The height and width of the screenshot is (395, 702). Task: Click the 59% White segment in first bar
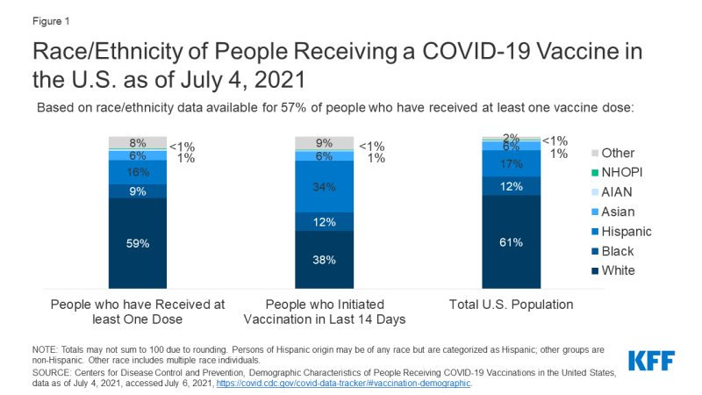pyautogui.click(x=137, y=242)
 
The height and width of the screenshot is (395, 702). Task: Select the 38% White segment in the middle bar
pyautogui.click(x=323, y=259)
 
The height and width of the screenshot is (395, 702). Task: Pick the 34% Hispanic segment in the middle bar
pyautogui.click(x=323, y=185)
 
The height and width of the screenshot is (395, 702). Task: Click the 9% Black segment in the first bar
pyautogui.click(x=137, y=190)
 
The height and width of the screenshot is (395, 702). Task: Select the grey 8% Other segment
pyautogui.click(x=137, y=142)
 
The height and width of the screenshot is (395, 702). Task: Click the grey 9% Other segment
pyautogui.click(x=323, y=143)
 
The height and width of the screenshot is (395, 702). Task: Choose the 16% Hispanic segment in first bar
pyautogui.click(x=137, y=171)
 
